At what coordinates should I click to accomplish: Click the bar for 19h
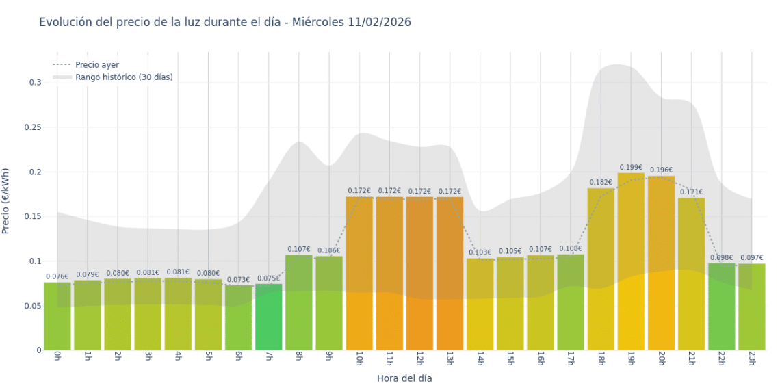631,261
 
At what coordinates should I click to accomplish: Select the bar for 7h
269,317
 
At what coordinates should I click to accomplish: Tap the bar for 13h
450,274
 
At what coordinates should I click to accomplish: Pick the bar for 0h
57,316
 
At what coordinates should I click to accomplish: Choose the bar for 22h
721,307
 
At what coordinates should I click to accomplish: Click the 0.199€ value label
631,168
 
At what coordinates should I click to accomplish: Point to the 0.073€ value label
238,280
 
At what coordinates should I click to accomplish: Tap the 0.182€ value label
601,183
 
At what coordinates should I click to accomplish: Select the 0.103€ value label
480,253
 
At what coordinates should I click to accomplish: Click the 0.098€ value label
721,258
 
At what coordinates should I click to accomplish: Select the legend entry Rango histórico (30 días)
124,77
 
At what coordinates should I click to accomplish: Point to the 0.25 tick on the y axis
33,127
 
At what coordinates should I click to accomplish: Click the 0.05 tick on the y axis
33,306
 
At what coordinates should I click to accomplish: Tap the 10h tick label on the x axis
359,359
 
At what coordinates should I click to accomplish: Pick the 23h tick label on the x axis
751,359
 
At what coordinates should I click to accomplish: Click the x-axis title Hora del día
404,378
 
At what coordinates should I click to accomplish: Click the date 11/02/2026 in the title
378,22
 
